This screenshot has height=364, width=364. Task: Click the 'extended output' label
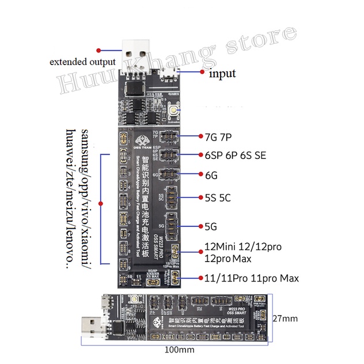click(82, 62)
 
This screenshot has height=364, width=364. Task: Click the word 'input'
click(222, 74)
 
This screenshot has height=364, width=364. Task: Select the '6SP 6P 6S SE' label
click(236, 156)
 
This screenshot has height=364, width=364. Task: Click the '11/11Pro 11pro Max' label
click(252, 279)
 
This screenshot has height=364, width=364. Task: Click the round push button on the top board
click(172, 109)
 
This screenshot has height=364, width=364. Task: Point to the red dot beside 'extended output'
click(98, 50)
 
